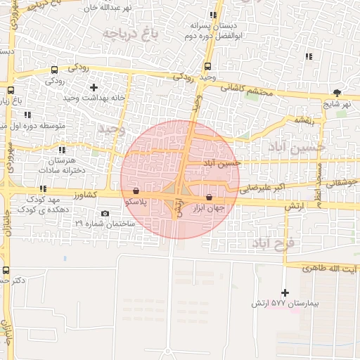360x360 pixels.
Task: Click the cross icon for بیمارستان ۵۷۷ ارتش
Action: tap(285, 292)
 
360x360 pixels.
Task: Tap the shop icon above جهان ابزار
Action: tap(209, 198)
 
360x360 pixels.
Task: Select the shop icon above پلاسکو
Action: tap(135, 191)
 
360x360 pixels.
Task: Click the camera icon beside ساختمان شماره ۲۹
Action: tap(105, 214)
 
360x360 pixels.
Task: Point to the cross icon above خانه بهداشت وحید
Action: tap(94, 86)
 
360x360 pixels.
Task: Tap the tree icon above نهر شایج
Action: tap(337, 92)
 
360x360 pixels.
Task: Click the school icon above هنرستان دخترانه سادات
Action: tap(63, 150)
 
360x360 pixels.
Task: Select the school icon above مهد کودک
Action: tap(43, 188)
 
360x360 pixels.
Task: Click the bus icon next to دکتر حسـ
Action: tap(6, 270)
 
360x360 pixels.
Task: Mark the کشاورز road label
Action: tap(83, 195)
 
